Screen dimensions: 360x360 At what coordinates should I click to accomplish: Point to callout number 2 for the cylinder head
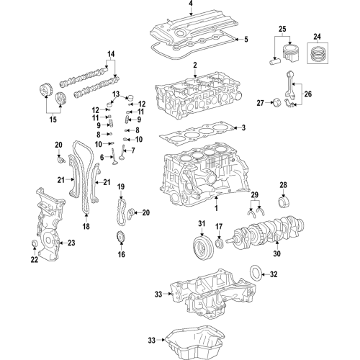pyautogui.click(x=194, y=66)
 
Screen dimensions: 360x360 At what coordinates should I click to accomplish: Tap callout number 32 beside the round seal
pyautogui.click(x=274, y=274)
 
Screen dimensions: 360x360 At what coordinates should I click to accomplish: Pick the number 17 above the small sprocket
pyautogui.click(x=218, y=228)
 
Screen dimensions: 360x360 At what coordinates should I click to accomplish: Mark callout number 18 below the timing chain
pyautogui.click(x=86, y=226)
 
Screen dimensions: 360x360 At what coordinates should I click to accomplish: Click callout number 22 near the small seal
pyautogui.click(x=35, y=260)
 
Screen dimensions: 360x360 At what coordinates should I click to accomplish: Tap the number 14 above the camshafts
pyautogui.click(x=111, y=54)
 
